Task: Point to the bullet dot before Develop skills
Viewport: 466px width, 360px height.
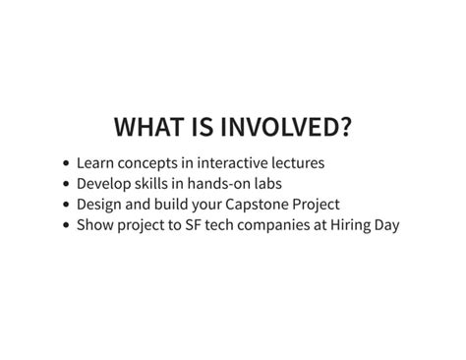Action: coord(65,184)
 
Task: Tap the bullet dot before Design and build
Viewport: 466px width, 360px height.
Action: coord(65,205)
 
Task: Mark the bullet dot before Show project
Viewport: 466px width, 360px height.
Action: coord(65,225)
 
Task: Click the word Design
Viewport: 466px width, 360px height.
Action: coord(99,204)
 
